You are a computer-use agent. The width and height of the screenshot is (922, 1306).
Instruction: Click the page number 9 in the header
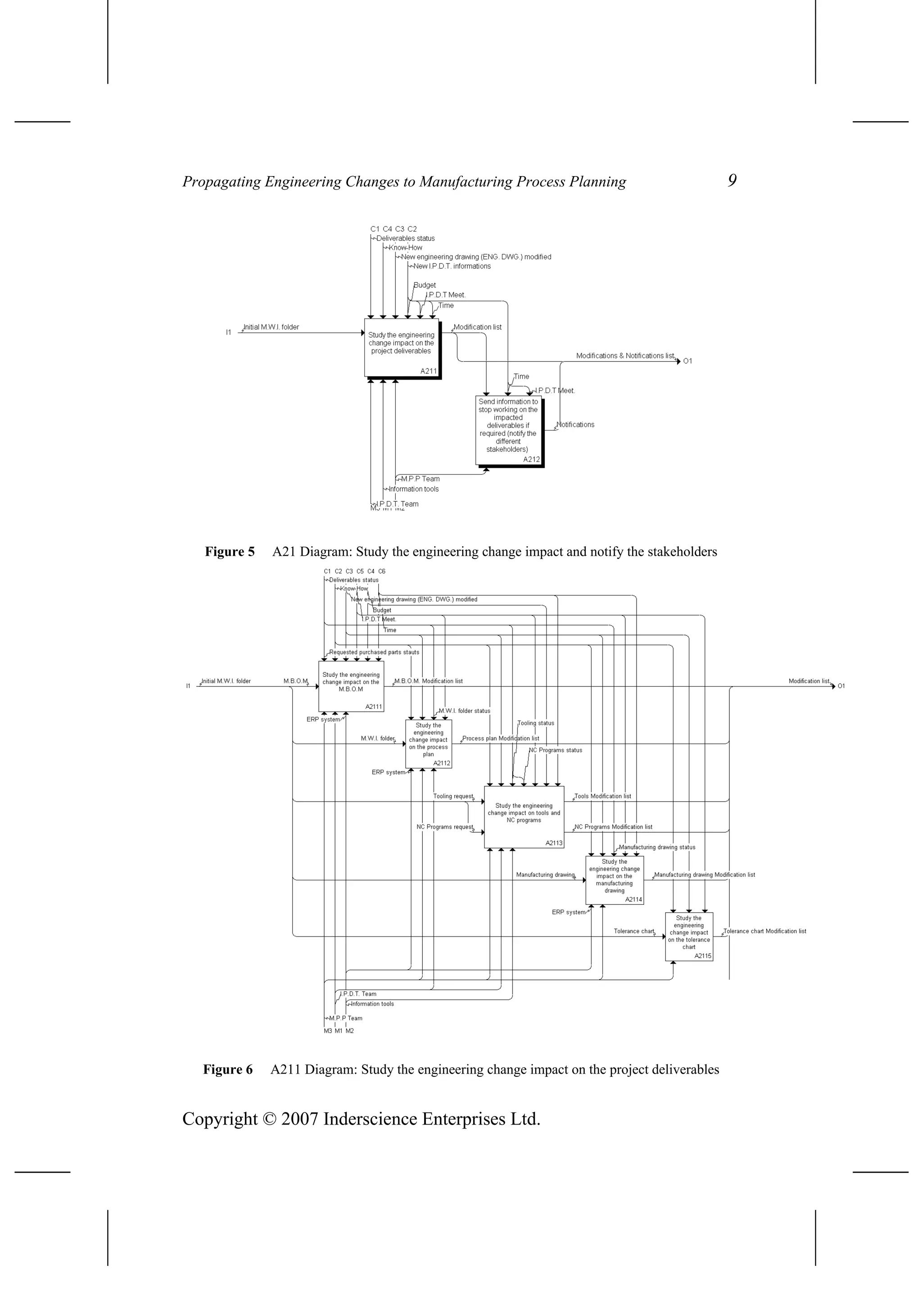tap(732, 180)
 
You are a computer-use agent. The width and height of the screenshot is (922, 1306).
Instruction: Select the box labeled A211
tap(402, 348)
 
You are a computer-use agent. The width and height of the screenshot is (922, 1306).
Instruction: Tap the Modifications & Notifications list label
tap(624, 355)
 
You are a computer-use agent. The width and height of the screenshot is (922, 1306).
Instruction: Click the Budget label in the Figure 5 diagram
tap(425, 285)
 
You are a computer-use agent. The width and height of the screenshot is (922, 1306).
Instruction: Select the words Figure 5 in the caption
tap(230, 551)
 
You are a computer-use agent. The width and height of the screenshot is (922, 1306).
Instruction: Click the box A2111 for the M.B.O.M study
tap(351, 685)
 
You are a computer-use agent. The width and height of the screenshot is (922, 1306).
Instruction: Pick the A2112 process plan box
tap(428, 744)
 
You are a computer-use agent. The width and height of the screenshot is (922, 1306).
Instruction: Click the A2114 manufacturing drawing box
tap(614, 880)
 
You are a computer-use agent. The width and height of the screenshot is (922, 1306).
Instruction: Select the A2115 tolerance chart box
tap(689, 936)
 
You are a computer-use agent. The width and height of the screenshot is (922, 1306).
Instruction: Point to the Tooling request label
tap(453, 796)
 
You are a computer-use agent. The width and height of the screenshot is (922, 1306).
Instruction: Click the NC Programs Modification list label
tap(613, 826)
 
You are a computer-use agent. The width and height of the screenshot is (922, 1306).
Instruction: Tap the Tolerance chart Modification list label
tap(765, 931)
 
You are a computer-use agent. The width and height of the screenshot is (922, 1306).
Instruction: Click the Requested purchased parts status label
tap(374, 653)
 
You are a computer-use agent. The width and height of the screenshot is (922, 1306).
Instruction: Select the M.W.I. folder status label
tap(464, 711)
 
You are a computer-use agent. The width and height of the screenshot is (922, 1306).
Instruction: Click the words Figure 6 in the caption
tap(227, 1070)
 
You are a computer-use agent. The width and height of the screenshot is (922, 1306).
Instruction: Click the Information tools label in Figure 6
tap(372, 1004)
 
